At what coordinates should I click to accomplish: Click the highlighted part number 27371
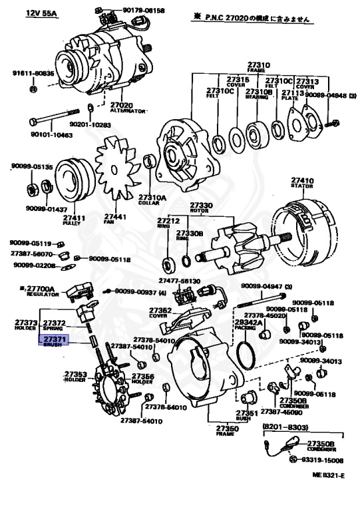click(x=54, y=339)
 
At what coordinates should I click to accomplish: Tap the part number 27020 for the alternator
click(x=123, y=105)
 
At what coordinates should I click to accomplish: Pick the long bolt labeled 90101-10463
click(x=61, y=122)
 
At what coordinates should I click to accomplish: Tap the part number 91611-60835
click(x=33, y=74)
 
